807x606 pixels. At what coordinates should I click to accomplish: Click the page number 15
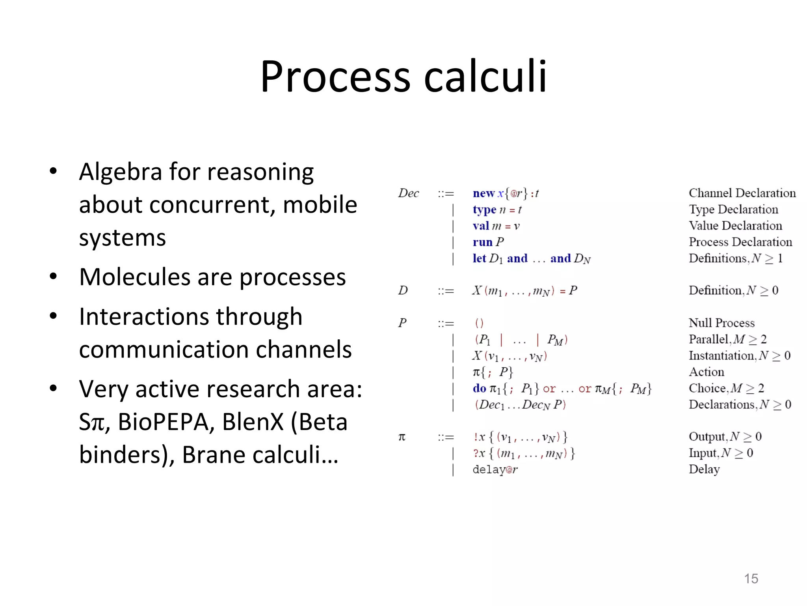coord(751,578)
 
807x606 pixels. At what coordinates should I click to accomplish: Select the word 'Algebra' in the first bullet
coord(121,172)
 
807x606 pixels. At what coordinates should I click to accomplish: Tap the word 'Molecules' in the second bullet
coord(134,277)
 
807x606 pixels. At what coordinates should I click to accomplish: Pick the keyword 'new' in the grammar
coord(483,193)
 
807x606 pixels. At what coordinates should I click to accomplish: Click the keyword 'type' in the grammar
coord(484,210)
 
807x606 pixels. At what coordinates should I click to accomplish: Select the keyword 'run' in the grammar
coord(482,242)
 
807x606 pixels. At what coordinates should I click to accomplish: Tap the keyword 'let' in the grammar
coord(479,258)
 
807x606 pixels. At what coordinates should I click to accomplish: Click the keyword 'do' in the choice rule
coord(479,389)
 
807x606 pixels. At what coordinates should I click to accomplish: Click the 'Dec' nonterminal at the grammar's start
coord(408,193)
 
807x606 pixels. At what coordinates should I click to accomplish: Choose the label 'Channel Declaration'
coord(742,193)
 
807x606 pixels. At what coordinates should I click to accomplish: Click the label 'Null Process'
coord(721,323)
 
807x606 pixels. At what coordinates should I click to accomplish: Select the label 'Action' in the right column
coord(706,372)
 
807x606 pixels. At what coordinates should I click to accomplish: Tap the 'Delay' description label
coord(704,469)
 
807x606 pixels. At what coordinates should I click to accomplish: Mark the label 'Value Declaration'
coord(735,226)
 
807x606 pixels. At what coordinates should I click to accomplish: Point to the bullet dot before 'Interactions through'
coord(53,316)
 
